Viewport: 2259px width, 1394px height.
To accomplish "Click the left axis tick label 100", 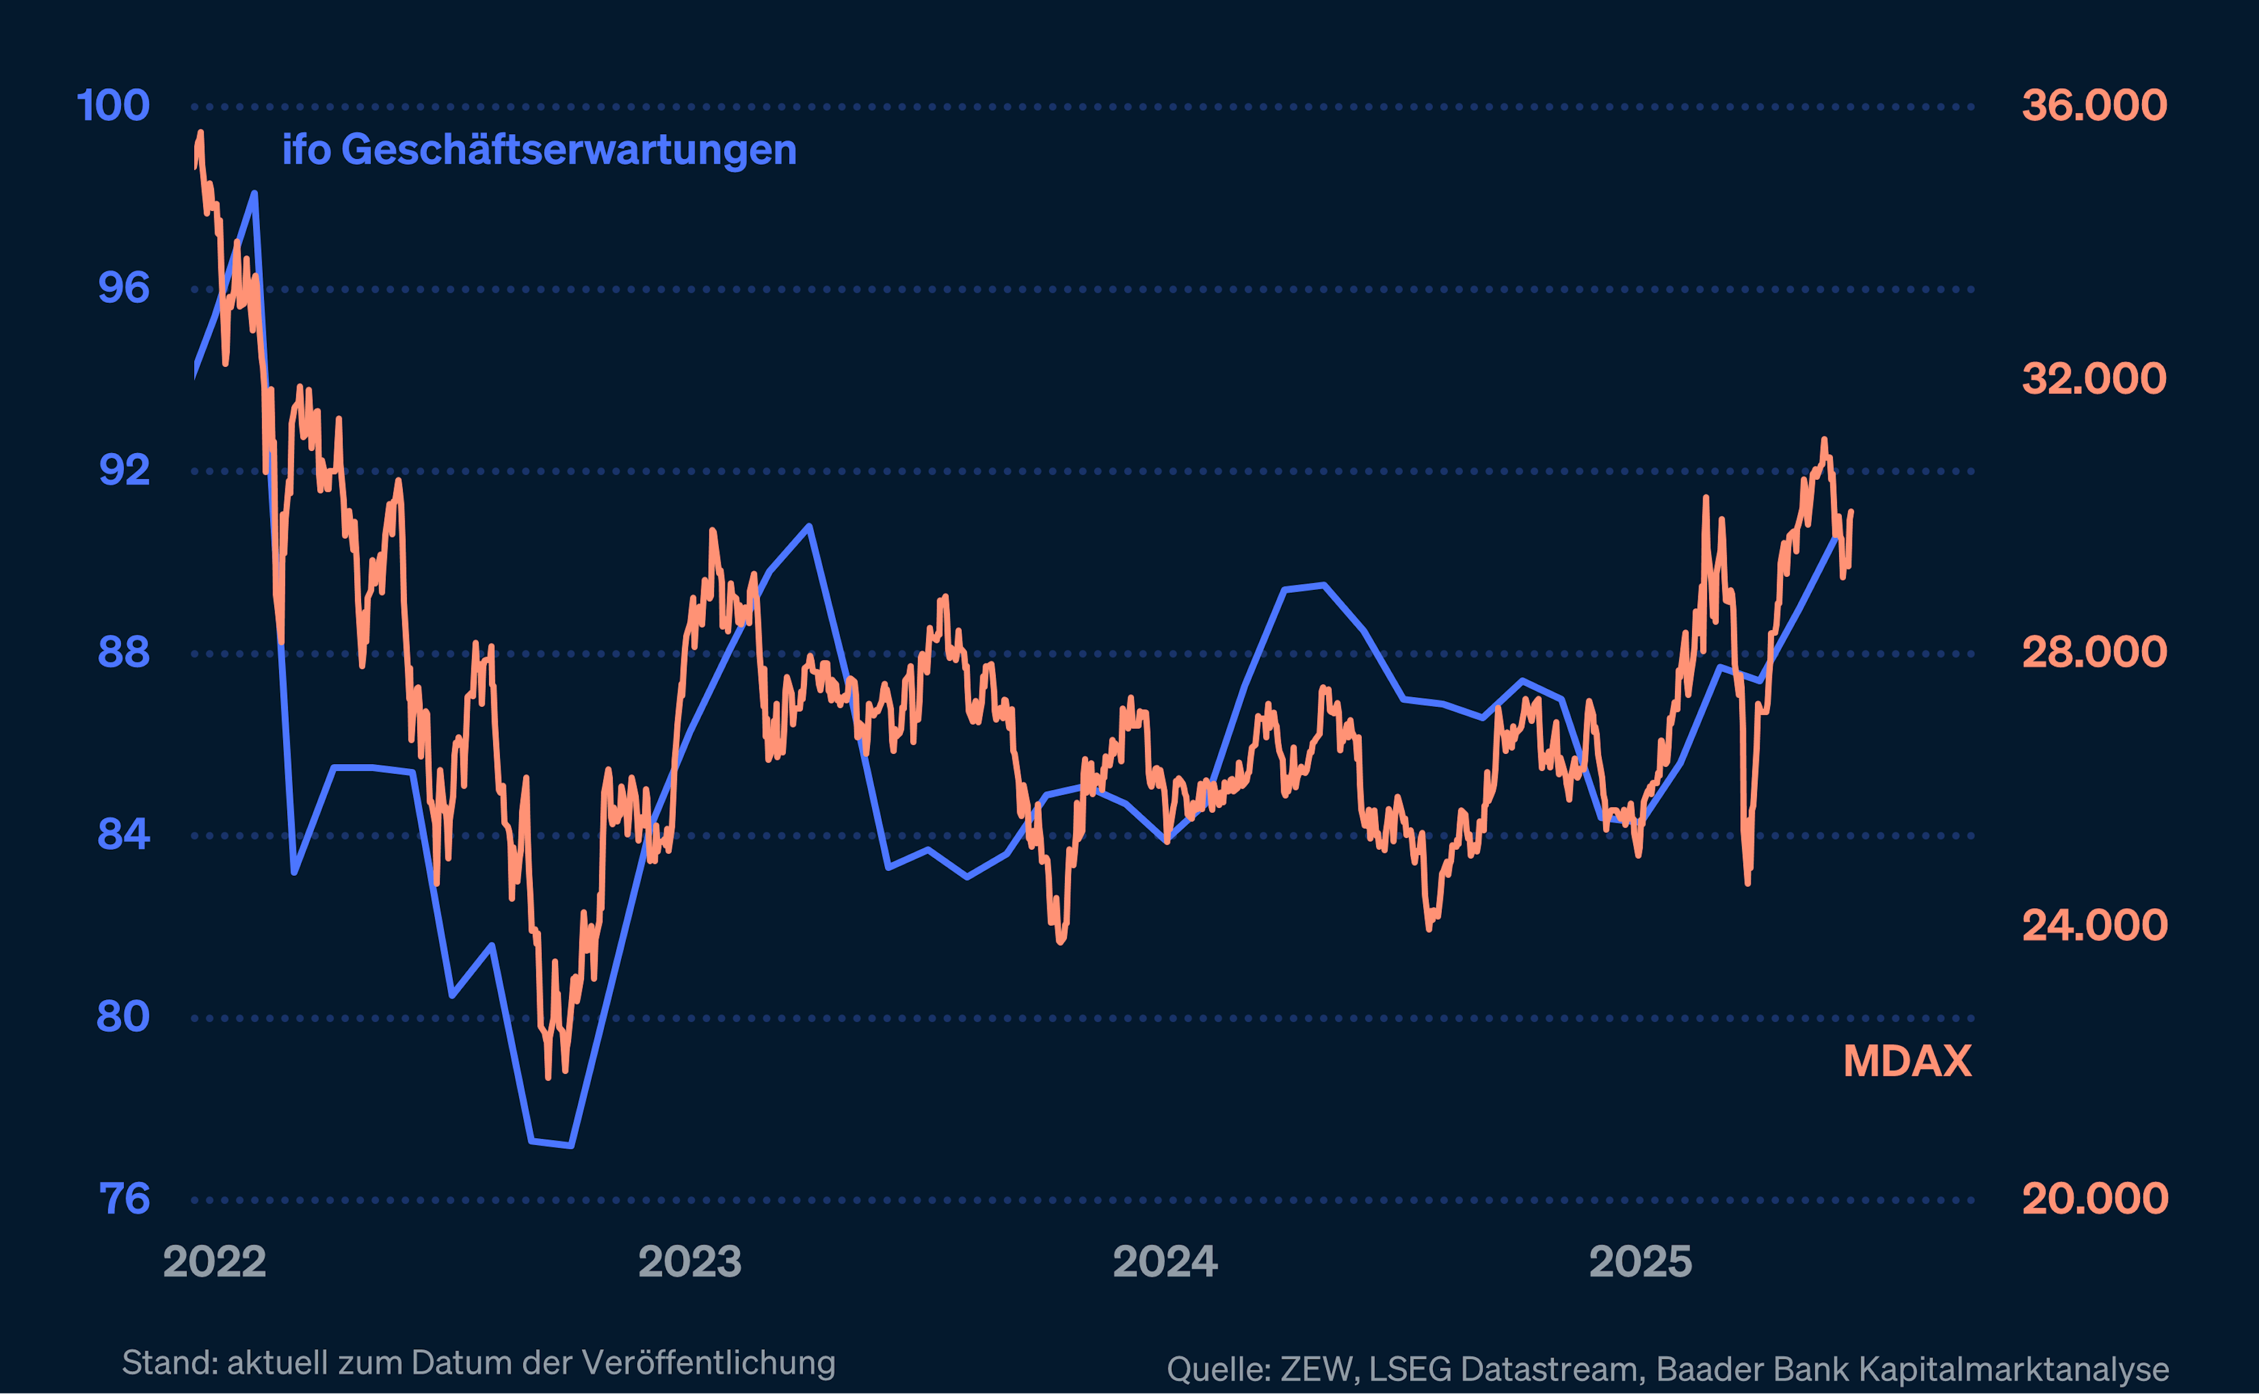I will [x=112, y=106].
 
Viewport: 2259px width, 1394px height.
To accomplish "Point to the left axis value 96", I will [x=124, y=289].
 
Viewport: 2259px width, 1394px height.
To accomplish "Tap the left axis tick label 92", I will [x=124, y=470].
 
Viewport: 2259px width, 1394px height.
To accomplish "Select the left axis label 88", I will [x=124, y=653].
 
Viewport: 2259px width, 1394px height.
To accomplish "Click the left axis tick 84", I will [x=124, y=835].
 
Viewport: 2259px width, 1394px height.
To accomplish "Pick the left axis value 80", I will [x=124, y=1017].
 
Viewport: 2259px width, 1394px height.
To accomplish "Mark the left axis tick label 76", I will [x=124, y=1199].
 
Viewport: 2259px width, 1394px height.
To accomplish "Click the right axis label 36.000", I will [x=2094, y=106].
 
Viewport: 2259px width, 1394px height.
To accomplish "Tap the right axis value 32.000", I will [x=2094, y=379].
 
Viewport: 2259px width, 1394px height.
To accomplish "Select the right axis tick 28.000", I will [x=2094, y=653].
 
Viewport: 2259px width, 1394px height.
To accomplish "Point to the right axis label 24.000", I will [x=2094, y=926].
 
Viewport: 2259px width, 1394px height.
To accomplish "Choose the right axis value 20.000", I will [x=2094, y=1199].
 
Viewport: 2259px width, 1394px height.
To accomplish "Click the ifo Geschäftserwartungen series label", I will [x=539, y=150].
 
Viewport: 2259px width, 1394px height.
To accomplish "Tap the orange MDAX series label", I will [x=1907, y=1061].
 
